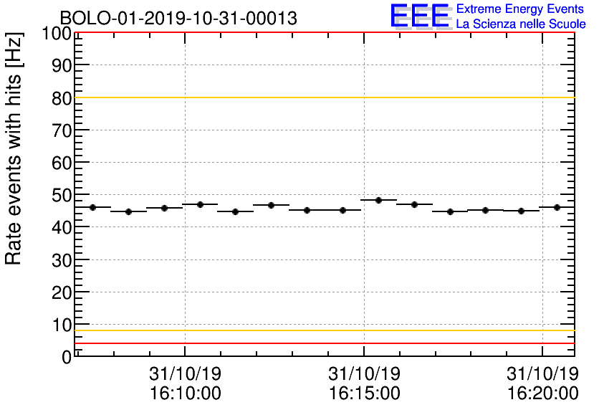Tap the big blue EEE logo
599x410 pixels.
click(420, 16)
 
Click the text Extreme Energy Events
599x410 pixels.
click(521, 9)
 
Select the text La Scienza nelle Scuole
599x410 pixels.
click(521, 24)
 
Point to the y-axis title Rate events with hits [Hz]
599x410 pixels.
click(14, 148)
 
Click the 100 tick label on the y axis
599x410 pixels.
click(57, 34)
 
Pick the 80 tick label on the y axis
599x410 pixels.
click(62, 98)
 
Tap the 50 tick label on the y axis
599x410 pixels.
click(62, 195)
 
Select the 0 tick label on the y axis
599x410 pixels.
click(67, 356)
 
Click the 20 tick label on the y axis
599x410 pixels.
click(62, 292)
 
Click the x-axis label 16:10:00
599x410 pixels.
click(186, 394)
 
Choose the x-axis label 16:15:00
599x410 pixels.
click(364, 394)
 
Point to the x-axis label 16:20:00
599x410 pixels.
click(542, 394)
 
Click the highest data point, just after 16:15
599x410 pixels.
click(378, 200)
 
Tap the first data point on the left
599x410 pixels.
click(93, 207)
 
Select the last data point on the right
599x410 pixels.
click(557, 207)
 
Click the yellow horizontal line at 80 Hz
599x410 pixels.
click(322, 97)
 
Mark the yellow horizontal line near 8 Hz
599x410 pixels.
click(322, 330)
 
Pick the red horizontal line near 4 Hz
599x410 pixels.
click(322, 343)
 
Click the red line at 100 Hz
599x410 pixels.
click(322, 33)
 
